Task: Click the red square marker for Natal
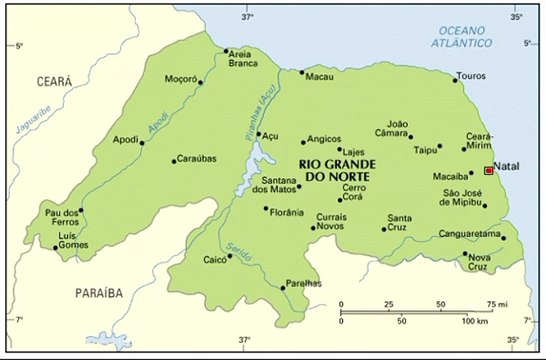488,170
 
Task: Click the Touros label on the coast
470,76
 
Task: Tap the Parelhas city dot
283,287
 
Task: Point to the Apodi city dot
143,143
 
